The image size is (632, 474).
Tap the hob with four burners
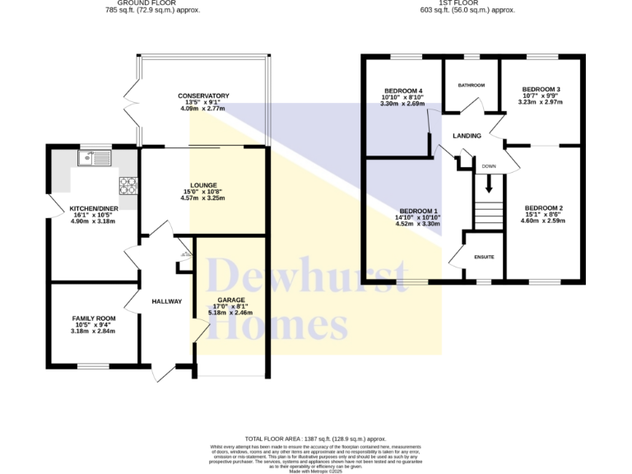point(128,184)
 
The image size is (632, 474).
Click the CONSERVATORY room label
point(203,96)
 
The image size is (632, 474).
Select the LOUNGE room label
point(203,184)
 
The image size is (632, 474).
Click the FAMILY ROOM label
point(93,318)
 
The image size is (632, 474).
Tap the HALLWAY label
point(166,302)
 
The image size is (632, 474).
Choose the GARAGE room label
point(231,300)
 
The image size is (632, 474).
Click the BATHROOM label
point(471,86)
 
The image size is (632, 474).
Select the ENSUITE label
point(485,258)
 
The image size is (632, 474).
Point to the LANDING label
point(466,136)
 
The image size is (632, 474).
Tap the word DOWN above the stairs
point(489,166)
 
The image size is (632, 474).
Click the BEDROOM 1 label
point(418,210)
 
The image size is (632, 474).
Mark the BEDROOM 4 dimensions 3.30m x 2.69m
point(402,105)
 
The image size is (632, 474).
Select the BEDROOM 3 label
point(541,89)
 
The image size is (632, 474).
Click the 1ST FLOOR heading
point(467,2)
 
